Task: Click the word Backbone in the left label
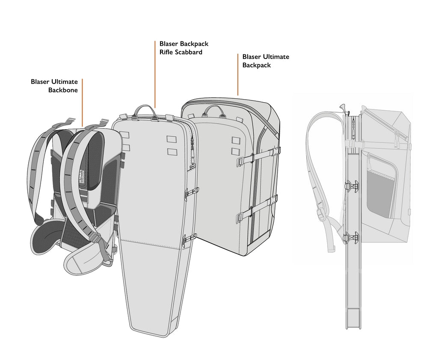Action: click(x=63, y=90)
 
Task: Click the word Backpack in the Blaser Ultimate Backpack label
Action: click(x=257, y=65)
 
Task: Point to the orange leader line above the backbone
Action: click(x=82, y=103)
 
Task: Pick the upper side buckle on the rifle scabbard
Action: click(x=190, y=193)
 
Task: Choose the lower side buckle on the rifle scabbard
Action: click(x=189, y=239)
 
